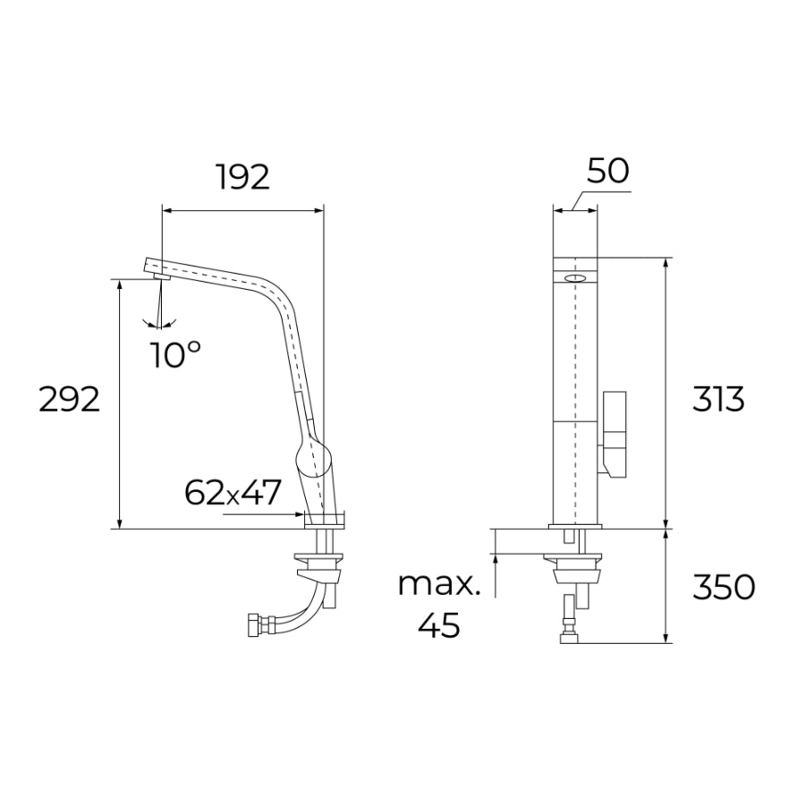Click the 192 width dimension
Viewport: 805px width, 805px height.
click(242, 178)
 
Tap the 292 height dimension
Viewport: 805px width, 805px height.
click(69, 400)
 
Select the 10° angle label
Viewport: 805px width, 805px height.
click(175, 354)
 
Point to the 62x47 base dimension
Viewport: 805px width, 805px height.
click(233, 492)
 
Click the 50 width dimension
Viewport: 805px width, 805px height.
click(608, 171)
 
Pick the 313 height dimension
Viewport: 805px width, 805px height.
click(718, 400)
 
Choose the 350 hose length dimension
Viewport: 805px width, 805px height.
click(724, 587)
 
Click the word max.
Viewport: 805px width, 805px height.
click(439, 584)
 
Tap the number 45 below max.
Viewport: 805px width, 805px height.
click(439, 625)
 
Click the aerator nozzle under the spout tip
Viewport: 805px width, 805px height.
click(162, 277)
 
